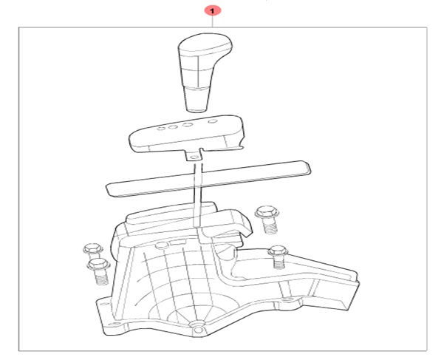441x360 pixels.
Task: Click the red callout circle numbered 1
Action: pyautogui.click(x=212, y=11)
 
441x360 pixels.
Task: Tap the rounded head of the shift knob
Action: pyautogui.click(x=205, y=44)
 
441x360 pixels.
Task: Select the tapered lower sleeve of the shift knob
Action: pyautogui.click(x=197, y=100)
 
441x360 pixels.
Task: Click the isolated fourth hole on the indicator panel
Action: pyautogui.click(x=213, y=121)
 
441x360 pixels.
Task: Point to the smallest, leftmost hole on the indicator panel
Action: pyautogui.click(x=161, y=129)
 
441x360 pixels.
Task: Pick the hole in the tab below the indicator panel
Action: pyautogui.click(x=194, y=157)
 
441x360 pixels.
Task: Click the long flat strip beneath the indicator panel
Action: pyautogui.click(x=209, y=178)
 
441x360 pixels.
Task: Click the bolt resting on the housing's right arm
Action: pyautogui.click(x=278, y=257)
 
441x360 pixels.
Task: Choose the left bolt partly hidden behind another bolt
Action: pyautogui.click(x=92, y=251)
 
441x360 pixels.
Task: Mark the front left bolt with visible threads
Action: pyautogui.click(x=99, y=271)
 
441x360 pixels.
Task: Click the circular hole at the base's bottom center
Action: pyautogui.click(x=198, y=330)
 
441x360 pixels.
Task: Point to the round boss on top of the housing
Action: pyautogui.click(x=162, y=245)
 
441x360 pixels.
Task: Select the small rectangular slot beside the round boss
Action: pyautogui.click(x=177, y=242)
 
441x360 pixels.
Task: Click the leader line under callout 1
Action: pyautogui.click(x=212, y=22)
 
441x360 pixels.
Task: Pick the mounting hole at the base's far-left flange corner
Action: pyautogui.click(x=103, y=305)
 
